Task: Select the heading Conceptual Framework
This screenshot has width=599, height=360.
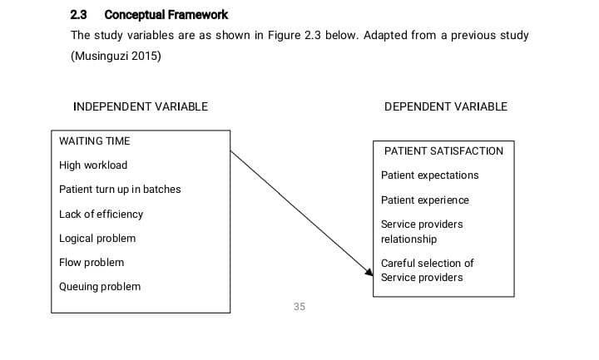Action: coord(166,15)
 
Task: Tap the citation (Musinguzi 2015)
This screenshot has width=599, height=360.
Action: coord(116,56)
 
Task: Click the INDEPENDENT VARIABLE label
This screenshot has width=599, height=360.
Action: coord(141,106)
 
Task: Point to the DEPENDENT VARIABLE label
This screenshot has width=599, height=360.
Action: coord(446,106)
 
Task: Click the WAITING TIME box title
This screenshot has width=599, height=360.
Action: coord(95,141)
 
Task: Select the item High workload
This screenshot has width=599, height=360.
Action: coord(93,165)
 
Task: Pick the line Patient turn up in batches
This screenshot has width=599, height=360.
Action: coord(120,190)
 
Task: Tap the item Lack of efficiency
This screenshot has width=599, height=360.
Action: coord(101,215)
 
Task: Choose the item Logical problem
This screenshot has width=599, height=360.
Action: coord(97,239)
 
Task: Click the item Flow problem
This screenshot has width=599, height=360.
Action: coord(92,263)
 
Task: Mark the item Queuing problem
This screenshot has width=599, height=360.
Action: coord(100,287)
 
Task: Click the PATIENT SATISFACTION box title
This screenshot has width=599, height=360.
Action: coord(443,151)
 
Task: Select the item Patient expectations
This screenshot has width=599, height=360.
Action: coord(430,175)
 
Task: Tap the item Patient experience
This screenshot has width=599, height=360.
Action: coord(425,200)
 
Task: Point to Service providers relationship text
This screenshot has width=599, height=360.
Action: coord(422,232)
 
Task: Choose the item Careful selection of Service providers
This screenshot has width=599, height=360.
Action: coord(428,270)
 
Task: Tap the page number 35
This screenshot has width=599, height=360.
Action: coord(299,307)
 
